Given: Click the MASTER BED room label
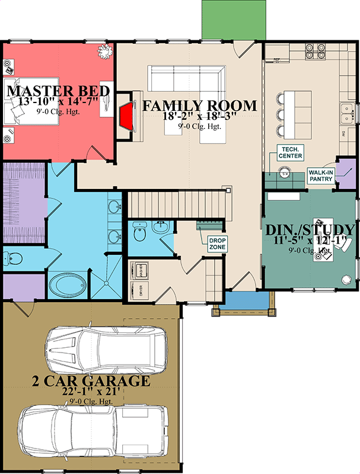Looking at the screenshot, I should (58, 91).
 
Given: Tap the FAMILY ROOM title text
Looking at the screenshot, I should (200, 106).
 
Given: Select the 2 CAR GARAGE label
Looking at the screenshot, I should (91, 380).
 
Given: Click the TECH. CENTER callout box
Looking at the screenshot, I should (290, 152).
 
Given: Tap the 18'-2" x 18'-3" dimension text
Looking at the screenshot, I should (200, 117).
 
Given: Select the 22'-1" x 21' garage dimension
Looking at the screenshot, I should (91, 392).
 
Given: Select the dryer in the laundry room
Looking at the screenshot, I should (141, 290).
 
